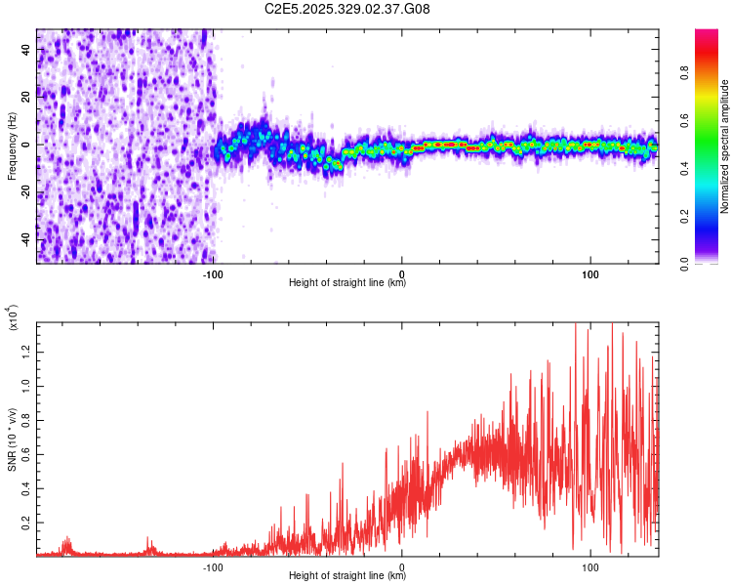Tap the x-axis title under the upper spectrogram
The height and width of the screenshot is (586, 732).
coord(347,282)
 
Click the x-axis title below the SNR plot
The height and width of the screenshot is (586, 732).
coord(347,576)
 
